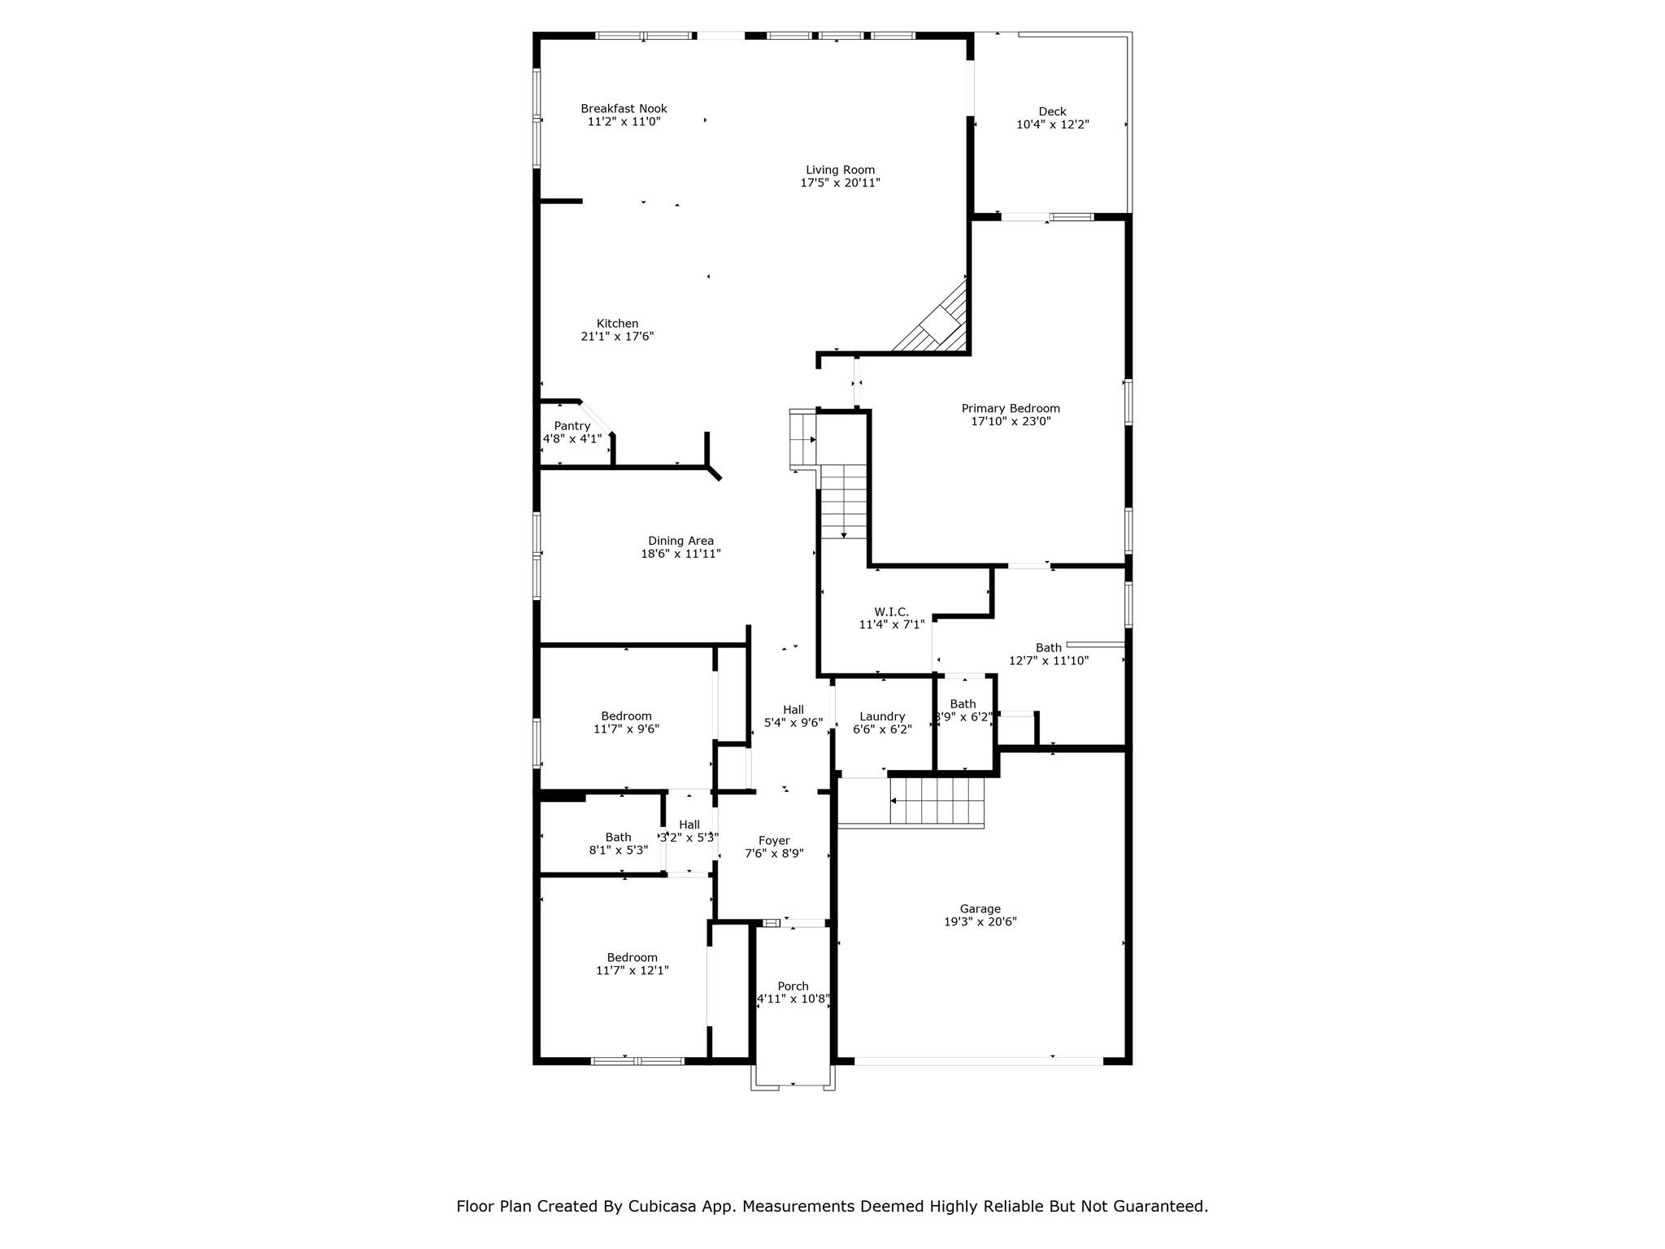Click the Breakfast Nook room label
(624, 108)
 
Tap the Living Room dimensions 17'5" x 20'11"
(840, 183)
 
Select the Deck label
(1052, 111)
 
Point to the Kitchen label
(617, 324)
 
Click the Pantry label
(572, 426)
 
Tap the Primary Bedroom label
(1011, 408)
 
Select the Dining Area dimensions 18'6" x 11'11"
(680, 554)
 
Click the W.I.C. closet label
(891, 611)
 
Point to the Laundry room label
(882, 716)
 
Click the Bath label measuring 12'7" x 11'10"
(1048, 648)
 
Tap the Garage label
(980, 909)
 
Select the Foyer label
(774, 841)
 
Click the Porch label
(793, 986)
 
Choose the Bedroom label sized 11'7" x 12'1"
(632, 958)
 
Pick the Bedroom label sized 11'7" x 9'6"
(626, 716)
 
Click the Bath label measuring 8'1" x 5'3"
(618, 838)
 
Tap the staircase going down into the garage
(937, 801)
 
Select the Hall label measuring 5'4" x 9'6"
(793, 710)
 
